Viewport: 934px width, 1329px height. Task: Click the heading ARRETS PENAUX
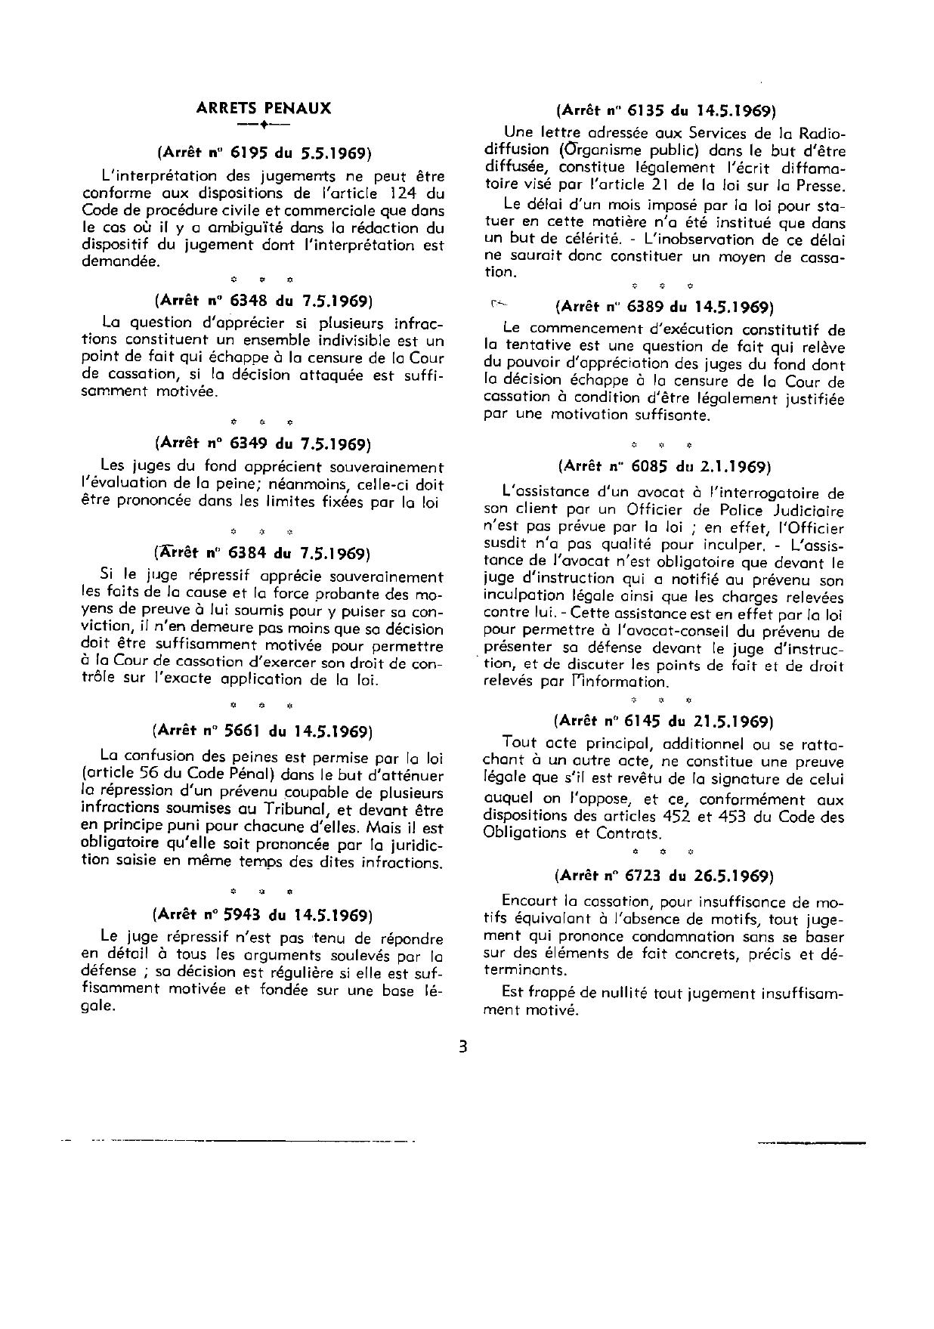(263, 108)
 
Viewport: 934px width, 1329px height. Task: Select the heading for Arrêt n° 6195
(263, 153)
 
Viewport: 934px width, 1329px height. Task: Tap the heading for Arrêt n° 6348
(263, 301)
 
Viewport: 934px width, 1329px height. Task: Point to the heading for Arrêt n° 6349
(263, 444)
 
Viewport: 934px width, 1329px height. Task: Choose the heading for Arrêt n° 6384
(263, 553)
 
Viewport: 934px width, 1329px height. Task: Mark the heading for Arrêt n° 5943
(263, 915)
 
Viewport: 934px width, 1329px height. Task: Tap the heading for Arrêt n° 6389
(664, 307)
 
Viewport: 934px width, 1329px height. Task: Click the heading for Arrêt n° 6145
(664, 720)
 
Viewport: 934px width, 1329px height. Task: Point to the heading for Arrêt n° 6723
(664, 876)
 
